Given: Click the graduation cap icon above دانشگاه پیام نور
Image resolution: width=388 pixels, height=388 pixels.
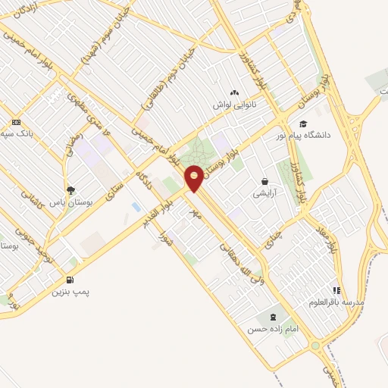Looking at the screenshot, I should click(x=303, y=124).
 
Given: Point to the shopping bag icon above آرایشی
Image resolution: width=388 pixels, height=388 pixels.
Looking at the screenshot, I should click(x=264, y=182).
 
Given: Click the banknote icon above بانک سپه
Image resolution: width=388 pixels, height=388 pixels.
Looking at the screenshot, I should click(x=16, y=122).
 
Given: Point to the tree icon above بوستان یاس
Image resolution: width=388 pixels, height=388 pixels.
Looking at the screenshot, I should click(x=70, y=191).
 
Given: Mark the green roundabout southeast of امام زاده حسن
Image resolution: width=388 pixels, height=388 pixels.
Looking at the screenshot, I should click(x=314, y=346).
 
